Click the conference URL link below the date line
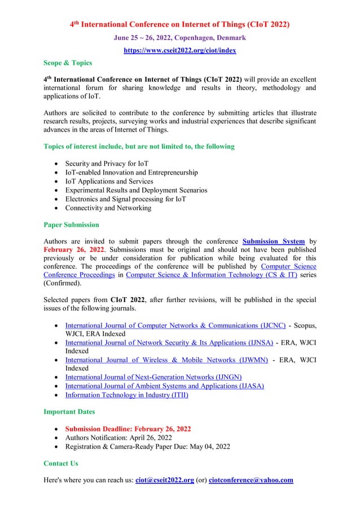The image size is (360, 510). (179, 50)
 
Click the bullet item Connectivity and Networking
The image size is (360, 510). (108, 208)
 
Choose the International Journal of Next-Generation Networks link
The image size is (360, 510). (153, 377)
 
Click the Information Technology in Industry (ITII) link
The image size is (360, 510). (127, 395)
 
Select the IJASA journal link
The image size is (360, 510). (164, 386)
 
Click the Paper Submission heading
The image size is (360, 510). (72, 225)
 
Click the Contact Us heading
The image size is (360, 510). (61, 463)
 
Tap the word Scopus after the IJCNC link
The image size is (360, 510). (305, 326)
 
